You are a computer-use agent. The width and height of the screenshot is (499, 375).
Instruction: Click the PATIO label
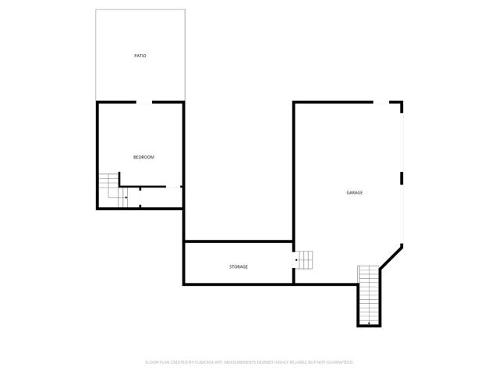[x=140, y=56]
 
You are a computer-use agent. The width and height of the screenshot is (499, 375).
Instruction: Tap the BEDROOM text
[x=143, y=158]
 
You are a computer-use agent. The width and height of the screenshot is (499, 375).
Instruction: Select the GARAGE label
[x=355, y=193]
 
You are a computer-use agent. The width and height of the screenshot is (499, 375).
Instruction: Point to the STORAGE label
[x=239, y=267]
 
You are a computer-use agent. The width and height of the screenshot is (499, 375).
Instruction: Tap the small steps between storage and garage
[x=303, y=259]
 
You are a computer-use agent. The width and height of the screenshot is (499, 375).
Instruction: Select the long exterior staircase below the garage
[x=368, y=295]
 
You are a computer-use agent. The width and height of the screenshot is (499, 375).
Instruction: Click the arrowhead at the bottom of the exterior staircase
[x=368, y=323]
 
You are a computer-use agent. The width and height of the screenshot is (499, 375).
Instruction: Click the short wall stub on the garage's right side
[x=402, y=178]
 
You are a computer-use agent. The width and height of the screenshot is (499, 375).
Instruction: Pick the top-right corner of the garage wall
[x=402, y=102]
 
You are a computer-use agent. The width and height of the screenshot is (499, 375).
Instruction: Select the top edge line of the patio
[x=140, y=10]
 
